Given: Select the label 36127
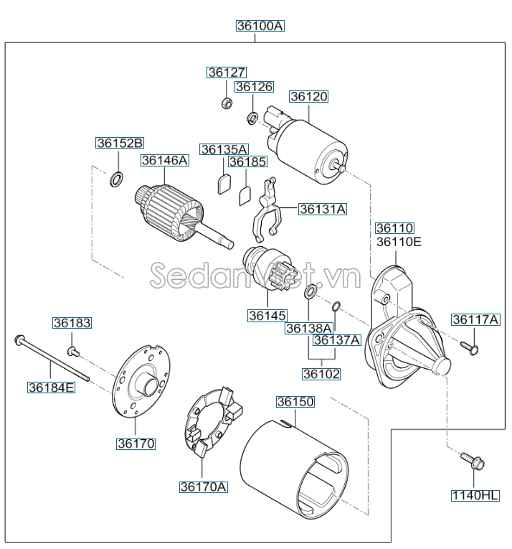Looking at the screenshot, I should [227, 72].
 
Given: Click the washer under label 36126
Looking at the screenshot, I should [252, 116].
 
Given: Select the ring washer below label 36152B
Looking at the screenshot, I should [116, 178].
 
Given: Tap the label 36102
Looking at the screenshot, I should [321, 374].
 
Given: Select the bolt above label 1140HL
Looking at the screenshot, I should [470, 461].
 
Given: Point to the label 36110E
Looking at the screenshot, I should [399, 242].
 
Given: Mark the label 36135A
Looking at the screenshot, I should [224, 149].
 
